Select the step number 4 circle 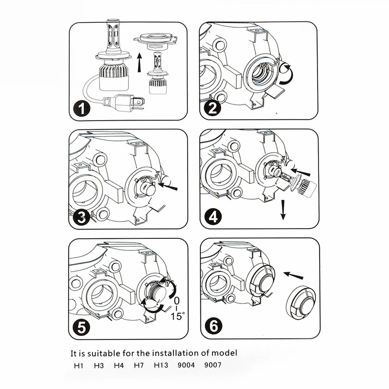click(x=212, y=217)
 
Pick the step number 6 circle click(x=212, y=327)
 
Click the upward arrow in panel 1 click(x=139, y=62)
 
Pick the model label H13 click(x=160, y=365)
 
